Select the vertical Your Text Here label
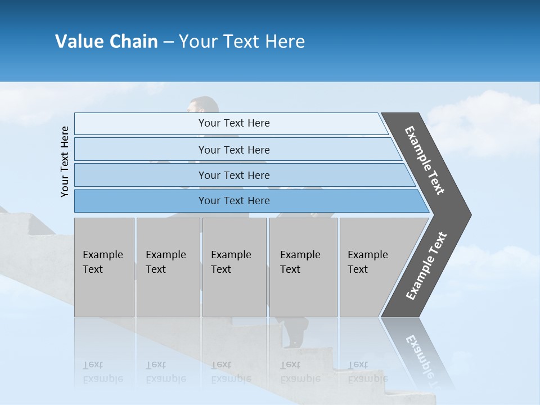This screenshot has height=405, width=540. (65, 161)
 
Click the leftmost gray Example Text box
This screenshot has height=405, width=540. (104, 267)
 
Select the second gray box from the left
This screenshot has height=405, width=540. (168, 267)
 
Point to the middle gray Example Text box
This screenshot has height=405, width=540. (234, 267)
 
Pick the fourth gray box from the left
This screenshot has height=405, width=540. (303, 267)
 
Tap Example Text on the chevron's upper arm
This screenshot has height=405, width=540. (425, 160)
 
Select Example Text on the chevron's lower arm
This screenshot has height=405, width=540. (426, 266)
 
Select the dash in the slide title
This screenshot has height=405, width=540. (168, 42)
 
